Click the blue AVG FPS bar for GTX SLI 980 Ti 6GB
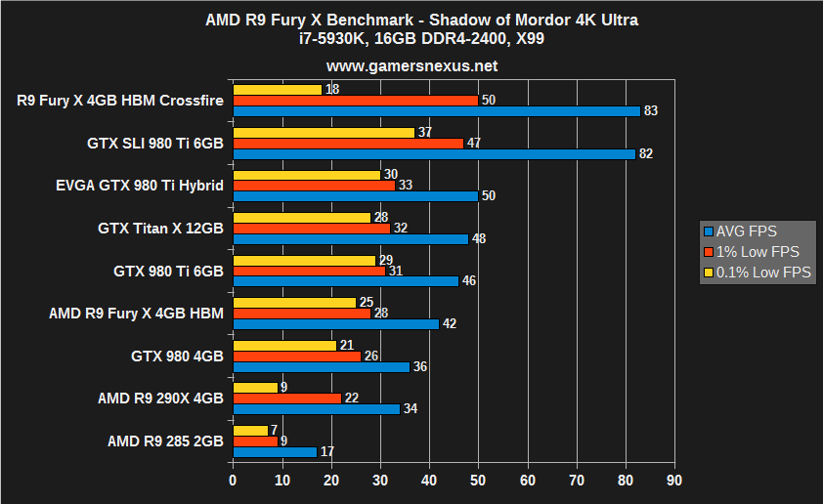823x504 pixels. point(434,153)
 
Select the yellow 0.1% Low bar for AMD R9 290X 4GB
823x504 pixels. point(255,387)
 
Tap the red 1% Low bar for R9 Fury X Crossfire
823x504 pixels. point(356,100)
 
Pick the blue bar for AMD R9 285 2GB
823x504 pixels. point(275,451)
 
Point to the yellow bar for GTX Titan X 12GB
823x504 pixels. point(302,217)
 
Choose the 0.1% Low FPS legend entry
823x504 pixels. point(762,273)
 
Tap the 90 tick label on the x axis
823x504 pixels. point(674,481)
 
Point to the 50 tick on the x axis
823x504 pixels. point(478,481)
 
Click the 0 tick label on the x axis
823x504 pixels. point(233,481)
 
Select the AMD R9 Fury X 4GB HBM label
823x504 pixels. point(136,313)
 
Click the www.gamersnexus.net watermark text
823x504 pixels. point(411,66)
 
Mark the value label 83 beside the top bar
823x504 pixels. point(651,111)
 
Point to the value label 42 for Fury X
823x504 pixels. point(450,324)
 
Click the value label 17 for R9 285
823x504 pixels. point(326,451)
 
